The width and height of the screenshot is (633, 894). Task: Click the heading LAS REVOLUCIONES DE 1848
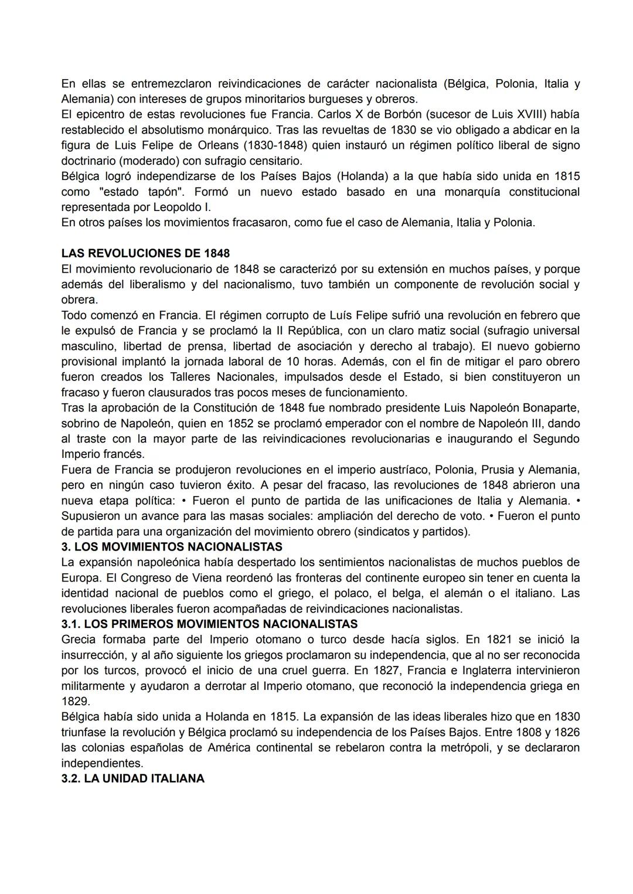point(145,253)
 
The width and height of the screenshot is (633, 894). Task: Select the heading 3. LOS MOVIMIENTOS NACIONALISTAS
point(172,547)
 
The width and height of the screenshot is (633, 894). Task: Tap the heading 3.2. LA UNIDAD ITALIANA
point(133,779)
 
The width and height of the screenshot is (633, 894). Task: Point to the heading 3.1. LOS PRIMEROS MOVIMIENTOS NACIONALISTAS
point(209,624)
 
